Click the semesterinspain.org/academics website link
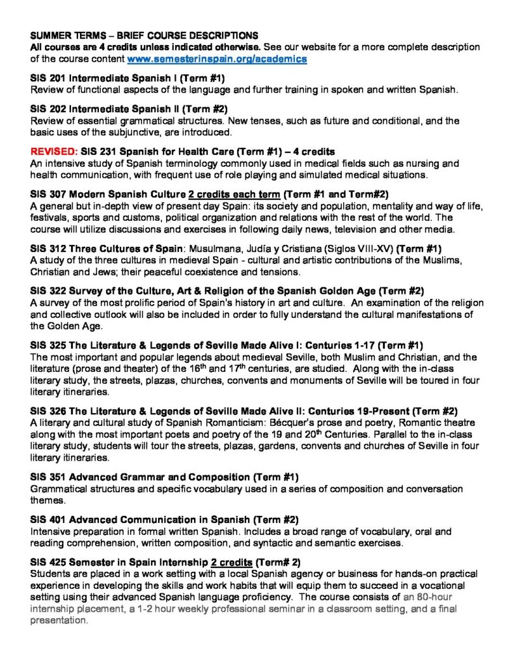click(x=217, y=59)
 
